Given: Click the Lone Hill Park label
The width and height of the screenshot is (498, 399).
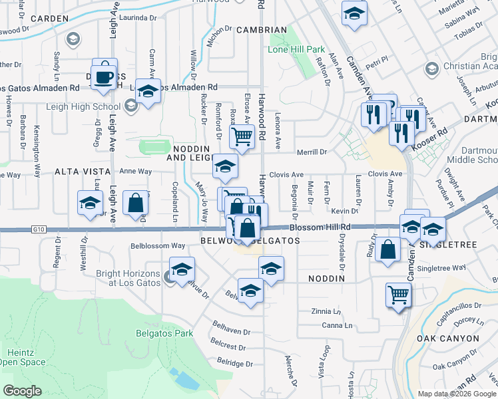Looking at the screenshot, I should click(x=296, y=50).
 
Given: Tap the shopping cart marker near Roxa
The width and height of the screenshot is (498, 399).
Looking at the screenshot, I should click(x=242, y=138).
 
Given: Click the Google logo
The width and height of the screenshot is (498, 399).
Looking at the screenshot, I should click(x=23, y=391).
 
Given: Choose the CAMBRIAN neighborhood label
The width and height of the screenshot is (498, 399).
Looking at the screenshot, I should click(x=264, y=30).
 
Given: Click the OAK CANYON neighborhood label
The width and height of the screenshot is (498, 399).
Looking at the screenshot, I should click(x=447, y=338).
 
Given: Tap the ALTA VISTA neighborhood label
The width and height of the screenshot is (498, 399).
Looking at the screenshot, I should click(x=77, y=172).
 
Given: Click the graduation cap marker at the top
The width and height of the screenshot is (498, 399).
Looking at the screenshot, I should click(x=354, y=13).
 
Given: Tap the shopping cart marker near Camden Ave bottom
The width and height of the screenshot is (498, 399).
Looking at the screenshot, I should click(x=398, y=294).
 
